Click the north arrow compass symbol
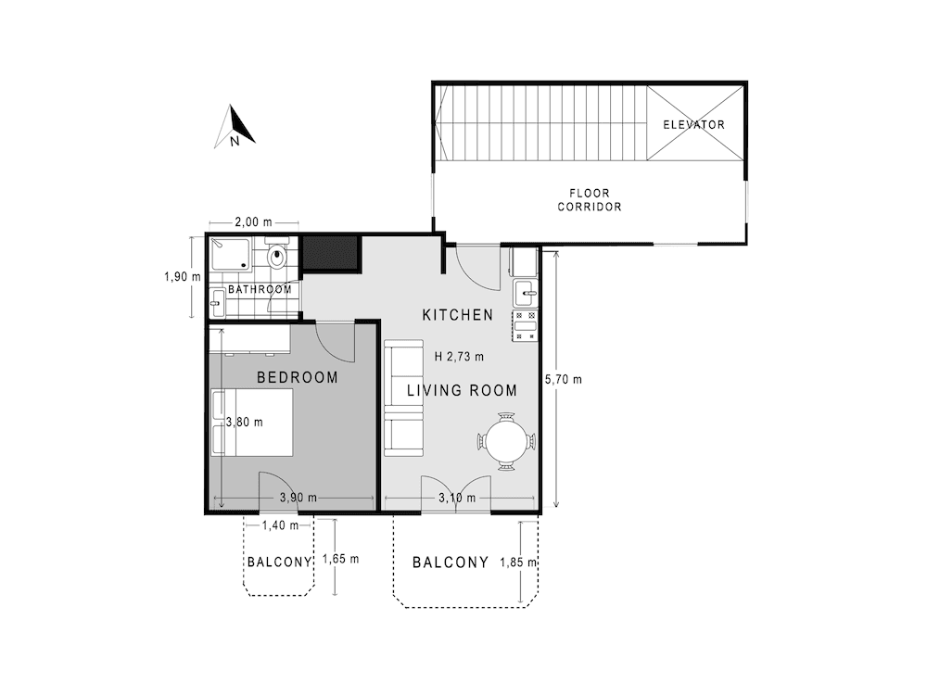(x=235, y=128)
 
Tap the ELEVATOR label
(x=693, y=124)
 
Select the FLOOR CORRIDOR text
(x=589, y=200)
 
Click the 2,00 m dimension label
(x=253, y=222)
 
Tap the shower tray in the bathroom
(x=229, y=253)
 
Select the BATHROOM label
(x=260, y=289)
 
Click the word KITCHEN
(x=458, y=315)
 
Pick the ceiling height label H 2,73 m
(x=459, y=355)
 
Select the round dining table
(x=507, y=441)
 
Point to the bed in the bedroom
(x=253, y=422)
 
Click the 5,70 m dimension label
(x=564, y=379)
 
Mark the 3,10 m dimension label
(x=457, y=499)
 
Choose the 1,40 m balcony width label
(x=279, y=525)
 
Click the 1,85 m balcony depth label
(x=518, y=562)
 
